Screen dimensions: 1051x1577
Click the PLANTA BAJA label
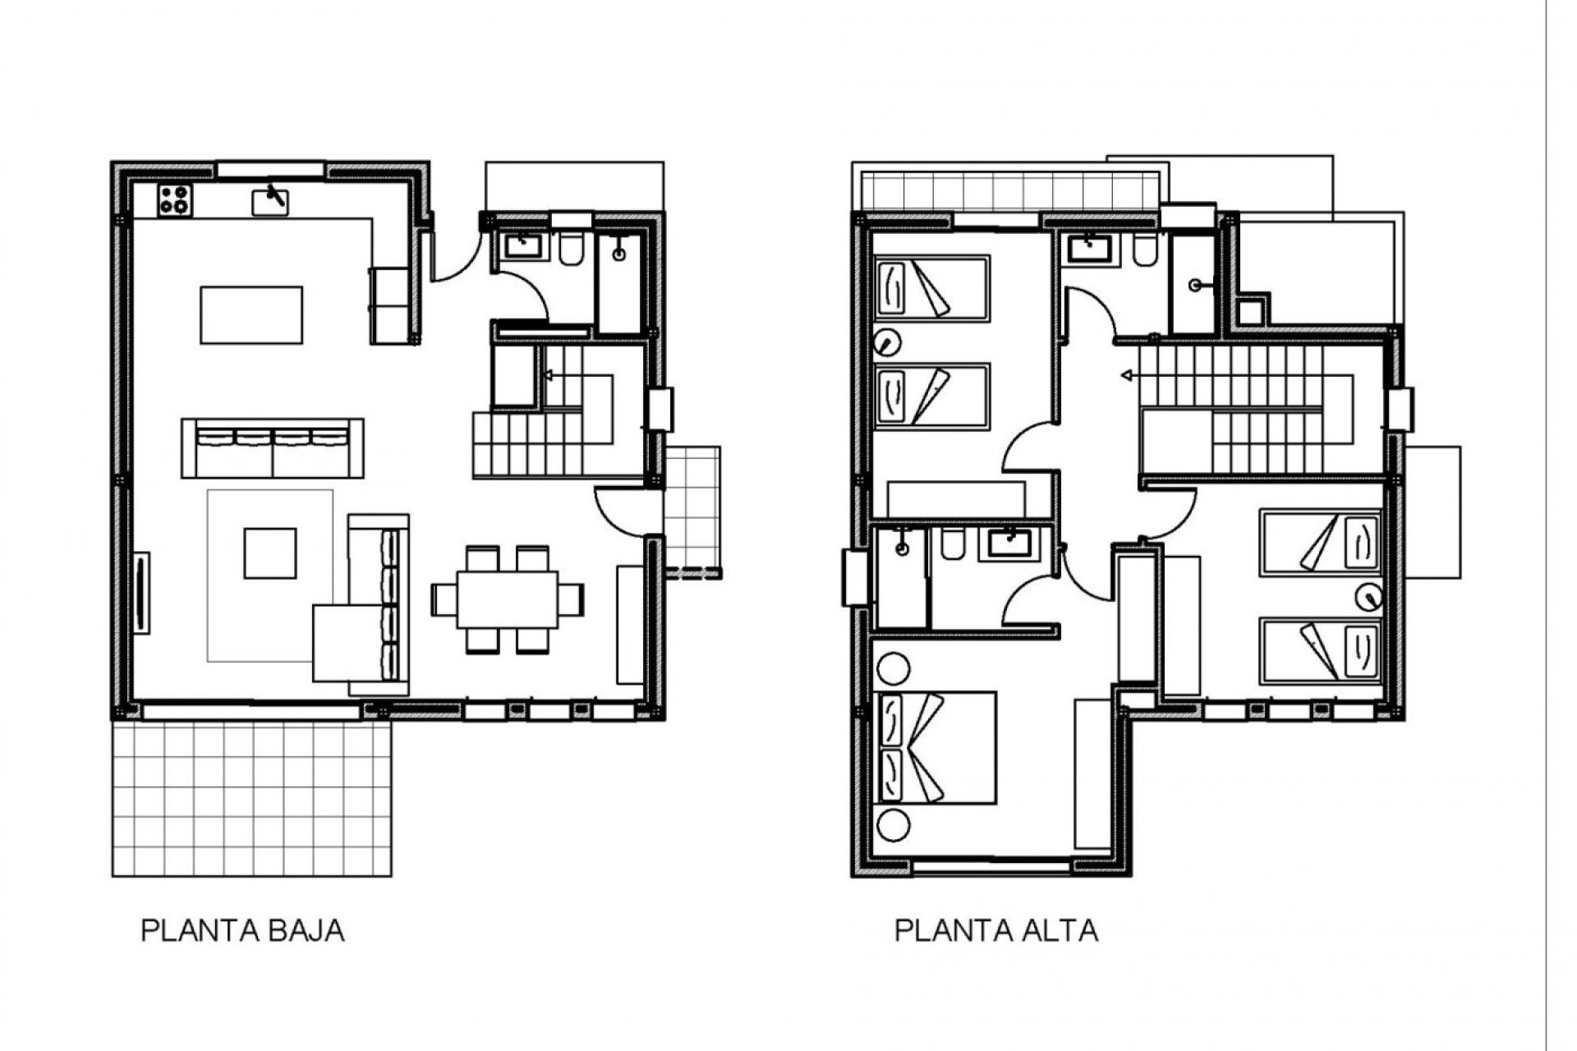[242, 931]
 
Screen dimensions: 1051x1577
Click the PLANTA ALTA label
[995, 931]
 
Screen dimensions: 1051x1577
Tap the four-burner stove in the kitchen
[175, 200]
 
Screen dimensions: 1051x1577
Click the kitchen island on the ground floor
[251, 314]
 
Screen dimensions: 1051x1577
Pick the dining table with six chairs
[508, 599]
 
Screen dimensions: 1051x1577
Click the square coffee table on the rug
[269, 553]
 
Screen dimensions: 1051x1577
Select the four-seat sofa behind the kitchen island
[273, 447]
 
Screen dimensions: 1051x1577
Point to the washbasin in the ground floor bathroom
[519, 245]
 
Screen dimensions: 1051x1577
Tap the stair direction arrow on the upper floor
[1128, 376]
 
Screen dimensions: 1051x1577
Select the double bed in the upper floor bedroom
[936, 747]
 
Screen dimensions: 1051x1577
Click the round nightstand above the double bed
[894, 669]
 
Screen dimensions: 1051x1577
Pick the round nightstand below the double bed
[894, 824]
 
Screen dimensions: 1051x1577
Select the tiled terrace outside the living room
[251, 798]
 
